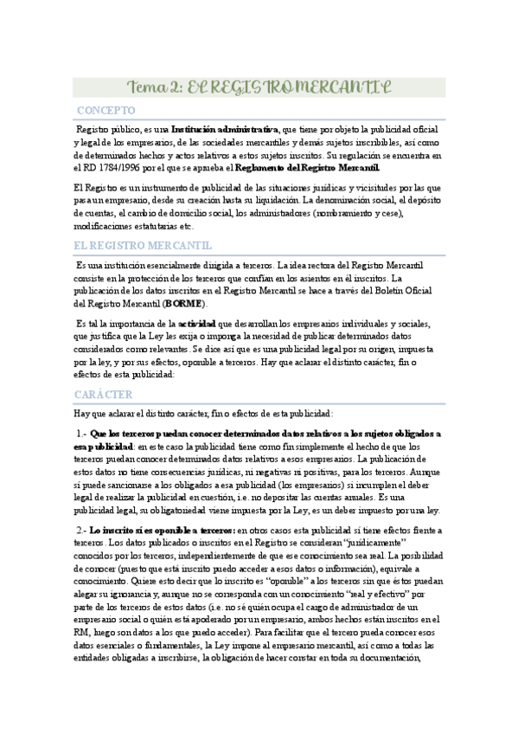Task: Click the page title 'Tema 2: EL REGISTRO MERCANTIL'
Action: [x=259, y=87]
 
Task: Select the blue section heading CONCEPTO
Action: [x=106, y=112]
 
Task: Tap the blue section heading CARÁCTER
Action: [x=103, y=394]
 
